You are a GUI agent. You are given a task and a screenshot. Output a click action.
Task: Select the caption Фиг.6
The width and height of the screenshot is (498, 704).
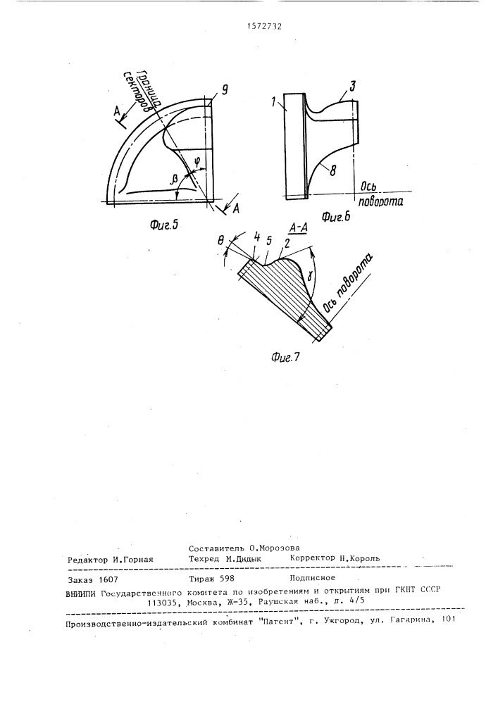336,218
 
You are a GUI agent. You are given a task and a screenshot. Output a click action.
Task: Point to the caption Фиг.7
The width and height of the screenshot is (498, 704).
285,357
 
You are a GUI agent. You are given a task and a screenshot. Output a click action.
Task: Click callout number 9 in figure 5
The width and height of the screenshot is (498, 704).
225,90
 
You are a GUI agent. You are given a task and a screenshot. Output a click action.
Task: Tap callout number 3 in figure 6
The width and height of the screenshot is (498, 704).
352,87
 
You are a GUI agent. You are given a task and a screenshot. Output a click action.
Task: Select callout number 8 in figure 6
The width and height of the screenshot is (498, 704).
332,170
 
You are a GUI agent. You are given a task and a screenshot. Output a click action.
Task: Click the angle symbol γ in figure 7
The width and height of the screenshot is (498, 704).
311,284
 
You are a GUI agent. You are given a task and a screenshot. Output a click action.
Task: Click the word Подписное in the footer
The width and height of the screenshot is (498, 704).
313,578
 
